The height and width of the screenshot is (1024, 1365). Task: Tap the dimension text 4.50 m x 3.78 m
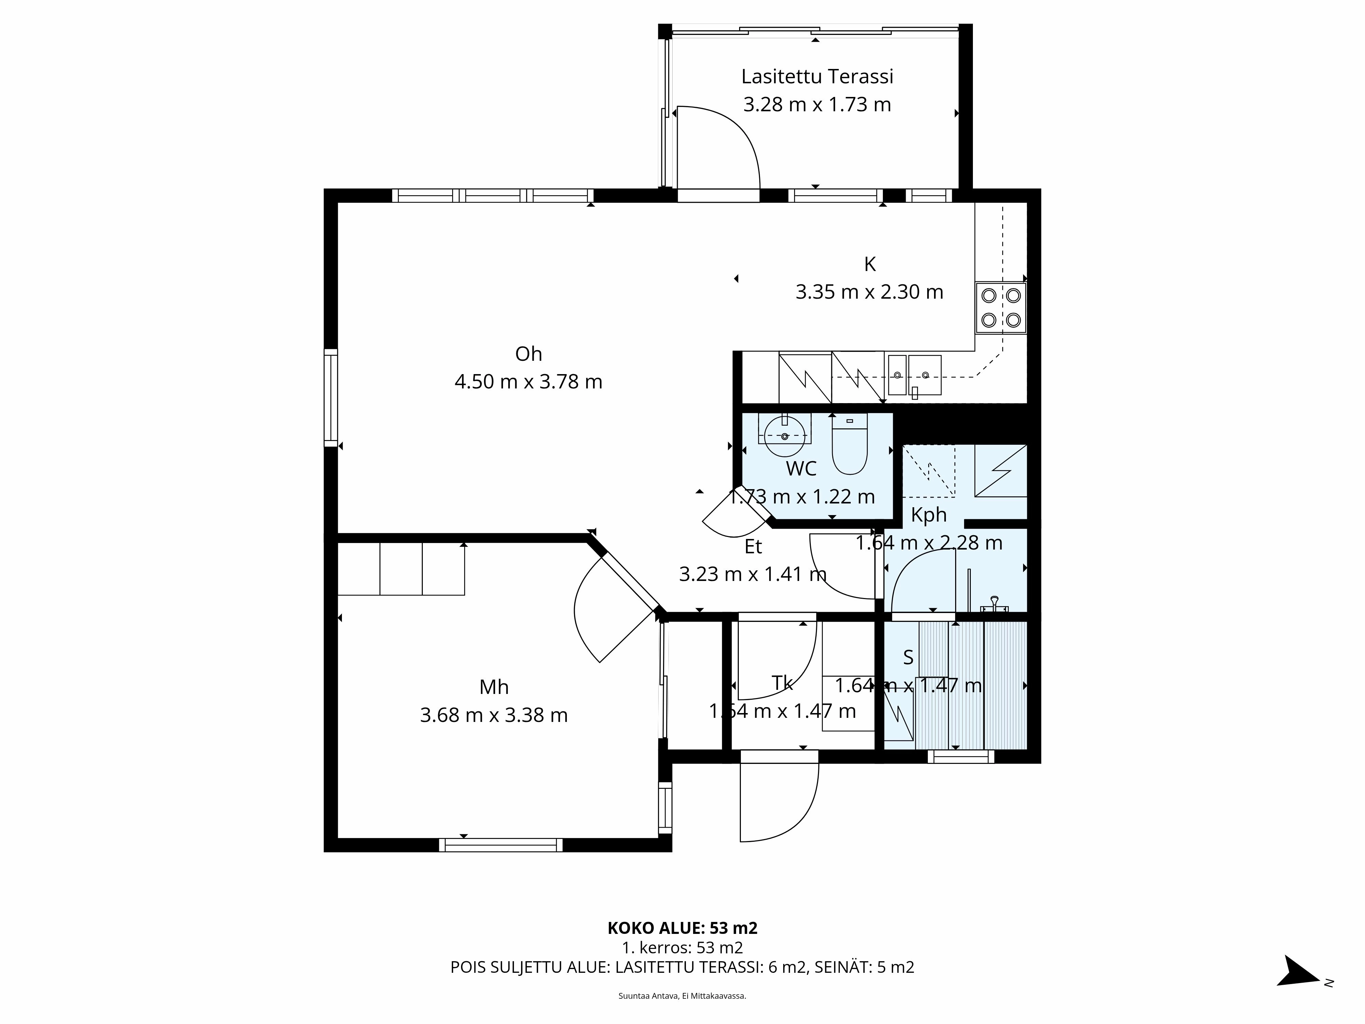(528, 382)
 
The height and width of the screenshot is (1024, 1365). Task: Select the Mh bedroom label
(494, 687)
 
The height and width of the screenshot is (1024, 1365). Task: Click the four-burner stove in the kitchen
(1000, 308)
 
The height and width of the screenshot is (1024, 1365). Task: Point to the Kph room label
(928, 515)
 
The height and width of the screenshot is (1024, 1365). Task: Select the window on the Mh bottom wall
(501, 845)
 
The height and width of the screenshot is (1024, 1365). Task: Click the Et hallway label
(753, 547)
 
